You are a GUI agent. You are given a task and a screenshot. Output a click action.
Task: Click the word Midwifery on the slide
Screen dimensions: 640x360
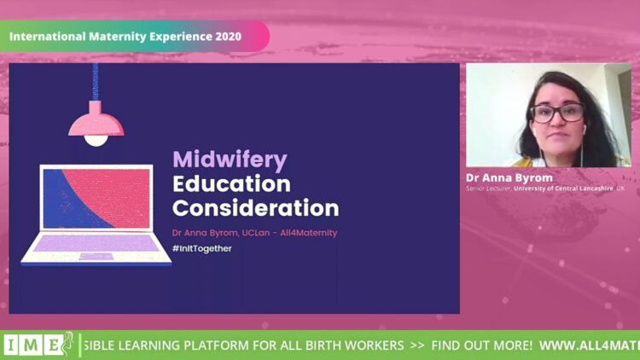[230, 160]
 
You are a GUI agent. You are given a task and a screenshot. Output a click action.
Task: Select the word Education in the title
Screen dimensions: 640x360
[231, 184]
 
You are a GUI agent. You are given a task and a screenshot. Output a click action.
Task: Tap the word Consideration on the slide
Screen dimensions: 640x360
[255, 208]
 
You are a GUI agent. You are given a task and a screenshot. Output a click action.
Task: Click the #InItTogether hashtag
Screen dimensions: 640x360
[202, 248]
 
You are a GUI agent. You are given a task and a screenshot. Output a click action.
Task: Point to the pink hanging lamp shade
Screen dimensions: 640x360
[96, 121]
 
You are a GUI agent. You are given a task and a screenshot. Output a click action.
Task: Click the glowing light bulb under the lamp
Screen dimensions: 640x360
[96, 141]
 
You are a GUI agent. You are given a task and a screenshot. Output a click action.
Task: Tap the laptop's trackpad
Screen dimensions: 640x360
[96, 256]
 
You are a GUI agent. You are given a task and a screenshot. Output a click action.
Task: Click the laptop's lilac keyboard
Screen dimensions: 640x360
[96, 243]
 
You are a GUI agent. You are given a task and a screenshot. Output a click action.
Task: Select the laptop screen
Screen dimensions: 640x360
[96, 199]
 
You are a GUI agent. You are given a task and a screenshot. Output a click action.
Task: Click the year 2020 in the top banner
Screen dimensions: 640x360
[228, 37]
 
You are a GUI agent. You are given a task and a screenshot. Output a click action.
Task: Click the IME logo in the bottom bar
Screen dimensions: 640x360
[38, 345]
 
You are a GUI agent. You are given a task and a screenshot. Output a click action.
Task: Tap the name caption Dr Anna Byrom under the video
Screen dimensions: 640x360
[509, 178]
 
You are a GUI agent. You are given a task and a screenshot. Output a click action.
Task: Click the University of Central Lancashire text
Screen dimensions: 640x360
[563, 189]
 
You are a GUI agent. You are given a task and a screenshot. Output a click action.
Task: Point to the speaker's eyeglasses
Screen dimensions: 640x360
[557, 113]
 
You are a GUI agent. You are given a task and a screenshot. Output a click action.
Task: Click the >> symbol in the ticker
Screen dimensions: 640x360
[417, 345]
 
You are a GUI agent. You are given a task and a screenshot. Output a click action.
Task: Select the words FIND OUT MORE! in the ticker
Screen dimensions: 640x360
[481, 345]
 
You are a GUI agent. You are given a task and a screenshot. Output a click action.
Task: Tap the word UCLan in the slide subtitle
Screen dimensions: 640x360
[256, 233]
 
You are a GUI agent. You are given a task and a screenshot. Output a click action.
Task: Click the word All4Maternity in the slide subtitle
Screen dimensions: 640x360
[309, 233]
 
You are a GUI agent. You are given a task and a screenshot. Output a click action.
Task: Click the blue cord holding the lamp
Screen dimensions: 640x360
[95, 82]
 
